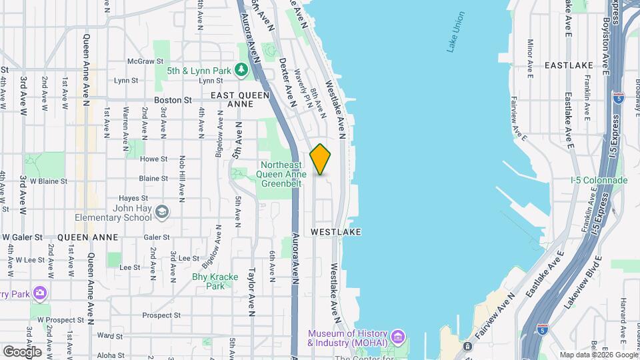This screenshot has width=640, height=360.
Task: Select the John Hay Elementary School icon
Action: tap(161, 213)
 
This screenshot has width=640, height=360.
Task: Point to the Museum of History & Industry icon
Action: tap(397, 335)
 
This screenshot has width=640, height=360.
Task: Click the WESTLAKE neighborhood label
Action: tap(336, 231)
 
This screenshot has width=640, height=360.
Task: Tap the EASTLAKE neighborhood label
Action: tap(568, 65)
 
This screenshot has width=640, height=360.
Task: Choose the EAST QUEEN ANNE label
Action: tap(240, 99)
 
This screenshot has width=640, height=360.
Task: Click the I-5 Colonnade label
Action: tap(599, 180)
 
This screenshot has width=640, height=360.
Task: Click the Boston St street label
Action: tap(173, 100)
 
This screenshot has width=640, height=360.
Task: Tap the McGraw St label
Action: tap(141, 61)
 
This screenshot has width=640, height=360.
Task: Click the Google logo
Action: tap(22, 351)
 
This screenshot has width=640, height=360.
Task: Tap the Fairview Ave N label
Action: tap(495, 317)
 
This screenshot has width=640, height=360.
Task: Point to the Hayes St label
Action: tap(133, 198)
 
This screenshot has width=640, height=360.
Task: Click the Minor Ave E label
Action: tap(531, 59)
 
